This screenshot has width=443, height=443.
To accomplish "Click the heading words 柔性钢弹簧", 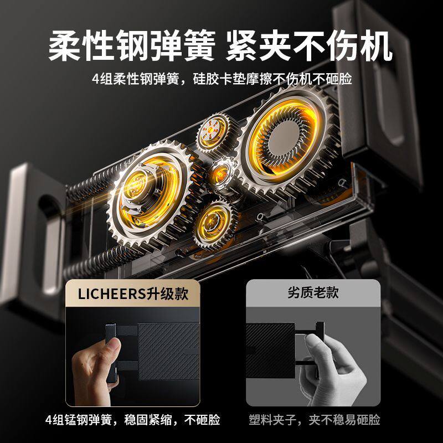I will [131, 47].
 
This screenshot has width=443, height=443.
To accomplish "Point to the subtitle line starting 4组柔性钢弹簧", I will [221, 79].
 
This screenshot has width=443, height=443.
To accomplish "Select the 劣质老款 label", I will [313, 292].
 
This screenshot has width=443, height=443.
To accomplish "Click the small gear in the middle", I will [224, 173].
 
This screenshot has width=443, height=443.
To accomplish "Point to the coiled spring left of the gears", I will [91, 183].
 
